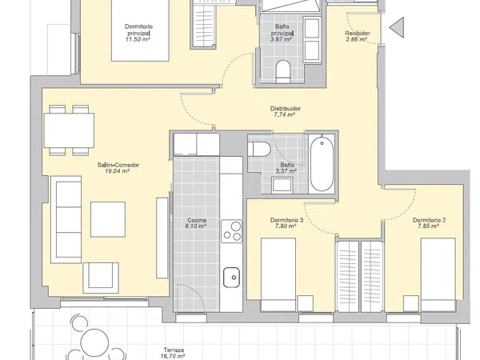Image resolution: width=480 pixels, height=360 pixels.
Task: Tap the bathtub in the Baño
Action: click(322, 163)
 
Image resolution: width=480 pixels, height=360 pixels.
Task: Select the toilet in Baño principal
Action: click(283, 71)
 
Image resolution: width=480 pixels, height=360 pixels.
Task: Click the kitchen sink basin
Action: click(231, 278)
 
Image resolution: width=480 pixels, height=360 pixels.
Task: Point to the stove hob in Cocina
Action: click(231, 231)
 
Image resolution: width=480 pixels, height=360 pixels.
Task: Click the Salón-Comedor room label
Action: click(118, 165)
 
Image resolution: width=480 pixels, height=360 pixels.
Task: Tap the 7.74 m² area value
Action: click(284, 114)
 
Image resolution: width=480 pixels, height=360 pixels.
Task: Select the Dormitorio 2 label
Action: click(429, 220)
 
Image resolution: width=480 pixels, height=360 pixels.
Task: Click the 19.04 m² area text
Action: click(118, 171)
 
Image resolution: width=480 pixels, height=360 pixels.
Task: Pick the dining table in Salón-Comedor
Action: click(69, 130)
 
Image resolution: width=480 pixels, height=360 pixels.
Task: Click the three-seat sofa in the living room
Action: click(66, 219)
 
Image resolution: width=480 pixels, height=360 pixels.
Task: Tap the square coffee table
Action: click(108, 219)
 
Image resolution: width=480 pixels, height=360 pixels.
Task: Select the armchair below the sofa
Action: click(101, 278)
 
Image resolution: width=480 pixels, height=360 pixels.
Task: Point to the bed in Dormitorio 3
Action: click(278, 274)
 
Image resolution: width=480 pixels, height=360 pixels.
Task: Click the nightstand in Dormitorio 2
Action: click(411, 303)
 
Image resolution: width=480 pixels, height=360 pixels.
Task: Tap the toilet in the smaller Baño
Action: click(259, 150)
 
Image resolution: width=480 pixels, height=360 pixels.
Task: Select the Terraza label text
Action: click(174, 350)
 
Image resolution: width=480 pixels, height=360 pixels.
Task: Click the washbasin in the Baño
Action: click(282, 185)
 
